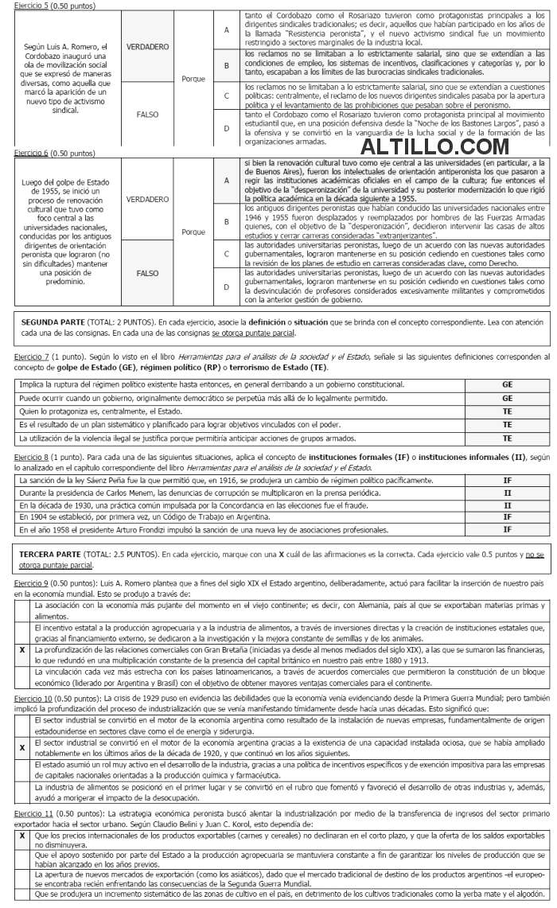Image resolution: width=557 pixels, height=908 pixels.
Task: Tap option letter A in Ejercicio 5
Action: tap(227, 29)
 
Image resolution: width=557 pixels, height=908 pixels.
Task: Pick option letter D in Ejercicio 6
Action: tap(227, 286)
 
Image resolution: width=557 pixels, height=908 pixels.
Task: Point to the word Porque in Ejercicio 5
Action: tap(193, 79)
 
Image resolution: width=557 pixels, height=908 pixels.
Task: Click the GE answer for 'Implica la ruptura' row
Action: tap(507, 384)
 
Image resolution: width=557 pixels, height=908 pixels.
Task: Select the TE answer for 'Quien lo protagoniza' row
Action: tap(507, 411)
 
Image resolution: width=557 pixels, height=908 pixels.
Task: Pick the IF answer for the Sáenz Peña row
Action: tap(507, 481)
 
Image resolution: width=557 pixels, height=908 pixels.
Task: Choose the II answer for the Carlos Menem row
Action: tap(507, 493)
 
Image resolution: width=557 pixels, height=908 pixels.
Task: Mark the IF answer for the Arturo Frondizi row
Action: tap(507, 530)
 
